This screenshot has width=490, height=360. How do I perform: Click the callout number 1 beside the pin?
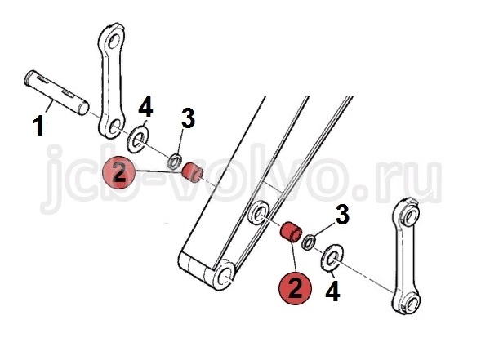[38, 126]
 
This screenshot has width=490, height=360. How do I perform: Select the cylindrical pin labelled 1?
[56, 92]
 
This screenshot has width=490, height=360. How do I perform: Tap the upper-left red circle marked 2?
[118, 172]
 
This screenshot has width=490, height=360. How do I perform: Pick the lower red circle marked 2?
[296, 288]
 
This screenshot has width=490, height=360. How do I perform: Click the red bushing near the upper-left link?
[193, 173]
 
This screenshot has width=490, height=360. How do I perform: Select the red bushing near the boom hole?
[292, 232]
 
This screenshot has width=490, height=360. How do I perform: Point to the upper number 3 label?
[188, 118]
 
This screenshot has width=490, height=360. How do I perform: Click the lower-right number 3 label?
[342, 215]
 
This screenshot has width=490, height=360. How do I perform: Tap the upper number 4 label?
[145, 106]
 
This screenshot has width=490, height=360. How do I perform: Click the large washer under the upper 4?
[138, 140]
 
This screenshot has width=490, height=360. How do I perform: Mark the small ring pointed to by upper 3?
[175, 162]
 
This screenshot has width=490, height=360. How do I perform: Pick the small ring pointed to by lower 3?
[309, 242]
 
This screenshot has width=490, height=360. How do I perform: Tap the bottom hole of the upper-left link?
[114, 127]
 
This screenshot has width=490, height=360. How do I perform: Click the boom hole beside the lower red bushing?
[259, 214]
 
